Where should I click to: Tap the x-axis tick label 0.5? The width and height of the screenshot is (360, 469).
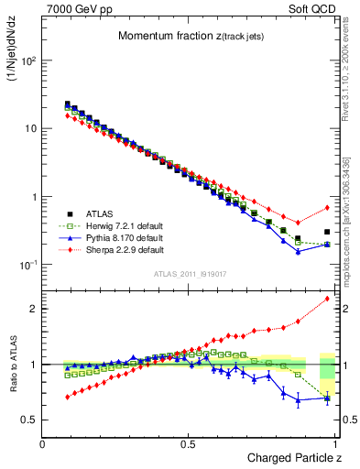click(x=189, y=443)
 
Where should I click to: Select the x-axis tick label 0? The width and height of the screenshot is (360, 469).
click(x=42, y=443)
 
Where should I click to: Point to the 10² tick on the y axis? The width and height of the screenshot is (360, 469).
click(x=27, y=60)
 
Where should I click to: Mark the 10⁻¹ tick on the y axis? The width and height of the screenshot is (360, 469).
click(x=27, y=265)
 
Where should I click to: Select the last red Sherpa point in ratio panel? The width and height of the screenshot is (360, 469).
click(x=327, y=299)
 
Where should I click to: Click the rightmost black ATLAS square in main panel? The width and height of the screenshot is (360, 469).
click(x=327, y=232)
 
